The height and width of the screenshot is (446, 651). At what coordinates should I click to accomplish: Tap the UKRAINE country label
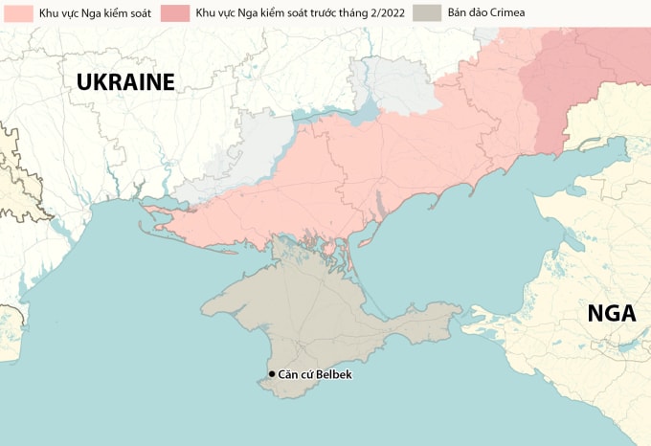[125, 82]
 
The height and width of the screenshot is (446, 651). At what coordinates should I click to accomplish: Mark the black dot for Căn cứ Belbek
[272, 374]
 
